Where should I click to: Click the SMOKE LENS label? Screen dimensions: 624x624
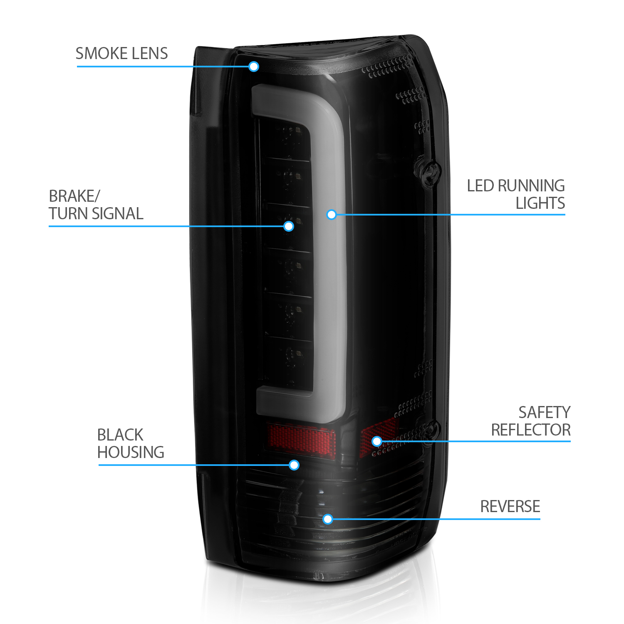pos(121,54)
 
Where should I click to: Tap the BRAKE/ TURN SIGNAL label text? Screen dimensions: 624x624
pos(96,205)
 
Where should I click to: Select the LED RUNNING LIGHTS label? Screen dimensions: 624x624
pos(516,194)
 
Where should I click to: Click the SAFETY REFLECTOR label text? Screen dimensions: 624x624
pos(531,421)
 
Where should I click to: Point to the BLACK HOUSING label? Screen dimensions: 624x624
pos(131,443)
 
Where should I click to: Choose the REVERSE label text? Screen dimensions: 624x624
pos(510,507)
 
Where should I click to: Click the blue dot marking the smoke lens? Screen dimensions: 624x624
pos(254,67)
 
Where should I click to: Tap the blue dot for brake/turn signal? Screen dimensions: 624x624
pos(289,226)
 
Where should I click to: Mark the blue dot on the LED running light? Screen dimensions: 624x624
pos(332,215)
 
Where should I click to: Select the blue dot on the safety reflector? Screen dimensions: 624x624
pos(377,441)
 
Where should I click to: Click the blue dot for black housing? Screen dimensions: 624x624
pos(294,465)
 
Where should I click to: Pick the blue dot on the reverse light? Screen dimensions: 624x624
pos(328,519)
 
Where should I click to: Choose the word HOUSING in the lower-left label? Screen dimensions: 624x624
pos(131,452)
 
